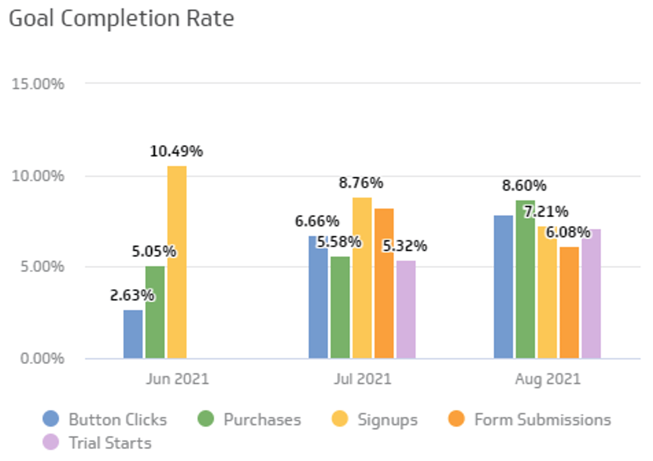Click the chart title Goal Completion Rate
(x=122, y=19)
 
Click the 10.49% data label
(x=176, y=151)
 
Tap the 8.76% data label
(x=361, y=183)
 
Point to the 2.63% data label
(x=132, y=295)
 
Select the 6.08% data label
(x=568, y=233)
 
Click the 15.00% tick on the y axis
(x=38, y=84)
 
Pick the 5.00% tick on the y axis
(x=42, y=267)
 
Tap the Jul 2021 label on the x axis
(x=362, y=379)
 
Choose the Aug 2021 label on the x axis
(x=548, y=379)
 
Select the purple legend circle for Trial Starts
(x=51, y=443)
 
